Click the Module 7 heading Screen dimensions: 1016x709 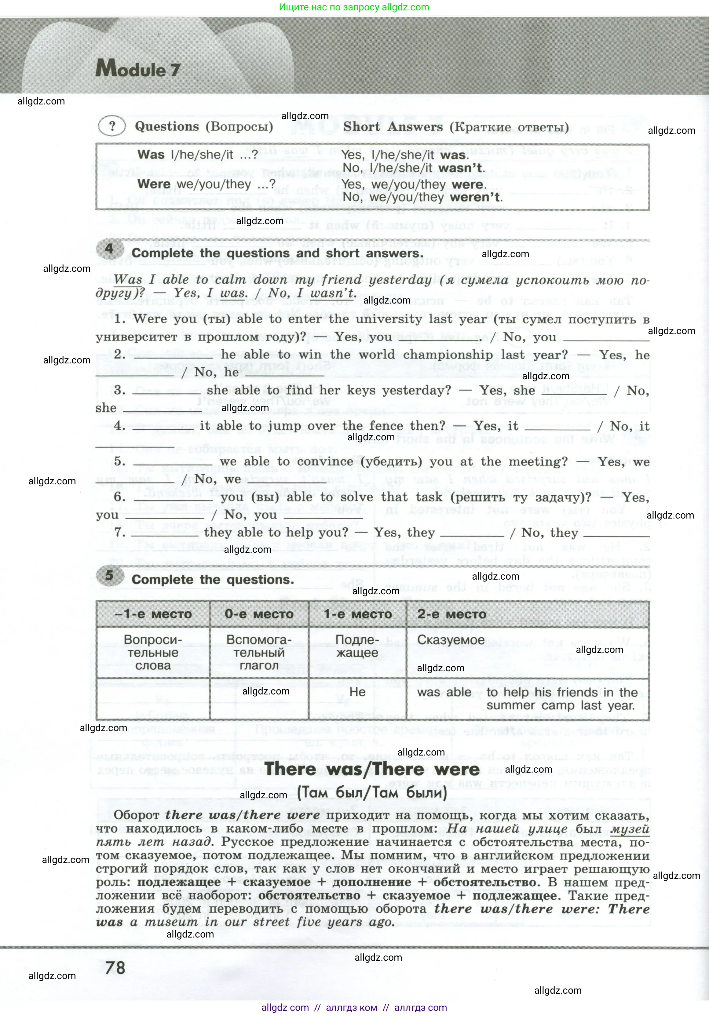coord(138,69)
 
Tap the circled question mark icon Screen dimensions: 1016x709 coord(112,126)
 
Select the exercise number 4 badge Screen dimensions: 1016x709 coord(109,249)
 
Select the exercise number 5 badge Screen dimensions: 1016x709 coord(109,575)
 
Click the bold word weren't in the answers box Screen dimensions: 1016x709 coord(476,197)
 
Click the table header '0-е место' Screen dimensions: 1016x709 coord(259,614)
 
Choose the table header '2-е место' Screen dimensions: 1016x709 coord(452,614)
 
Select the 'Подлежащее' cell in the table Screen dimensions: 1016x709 coord(357,646)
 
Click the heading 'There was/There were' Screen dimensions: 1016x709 coord(372,769)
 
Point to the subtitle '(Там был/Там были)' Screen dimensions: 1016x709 coord(372,792)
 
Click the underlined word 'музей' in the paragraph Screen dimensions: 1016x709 coord(630,829)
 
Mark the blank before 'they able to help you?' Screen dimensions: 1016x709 coord(165,533)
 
